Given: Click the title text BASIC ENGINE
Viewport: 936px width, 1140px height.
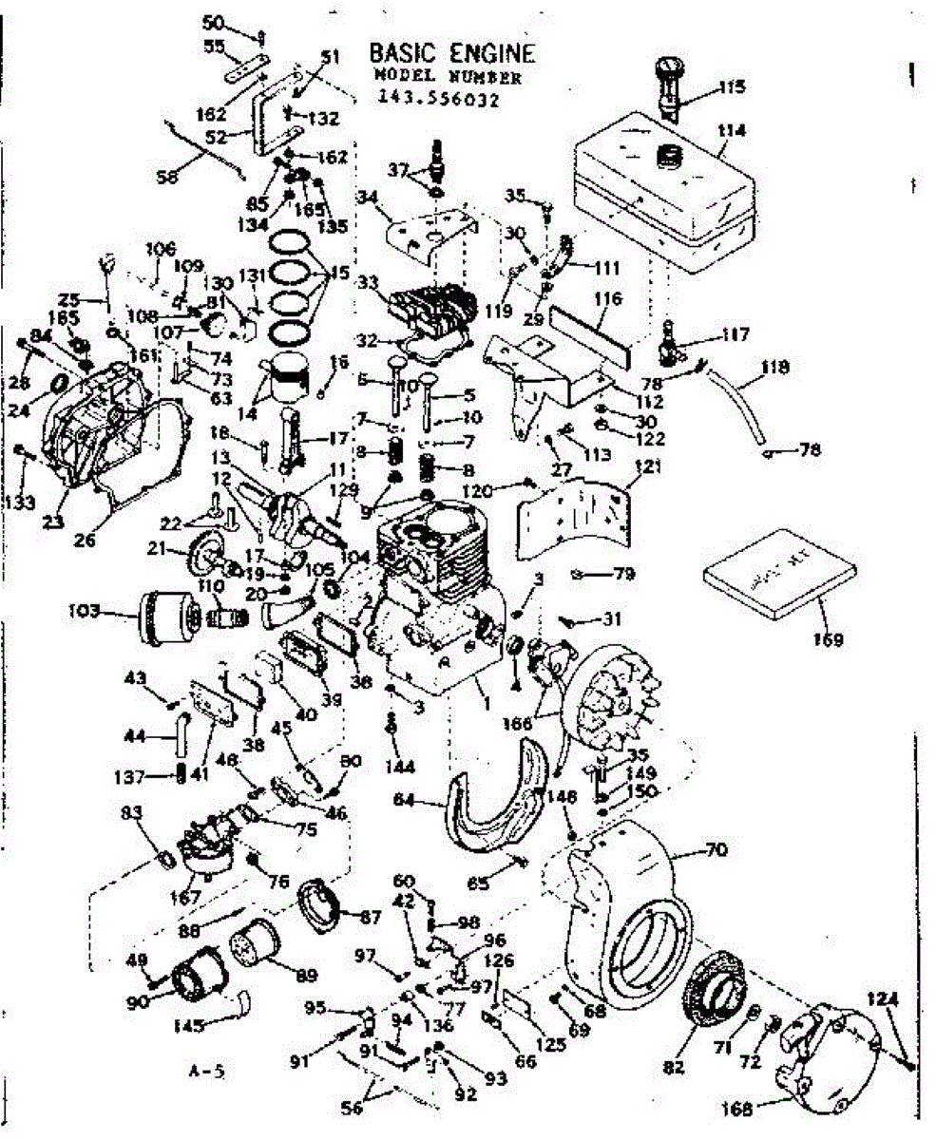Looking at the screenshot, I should [451, 52].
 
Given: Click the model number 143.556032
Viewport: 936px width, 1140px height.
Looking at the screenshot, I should [438, 97].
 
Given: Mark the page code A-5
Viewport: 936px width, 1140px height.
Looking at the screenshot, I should [206, 1073].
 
